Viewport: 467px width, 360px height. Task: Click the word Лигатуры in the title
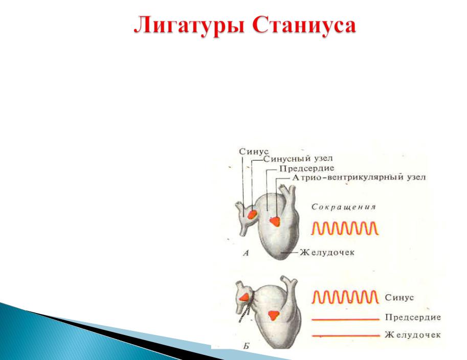coord(189,26)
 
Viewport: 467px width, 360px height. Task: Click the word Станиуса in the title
coord(304,25)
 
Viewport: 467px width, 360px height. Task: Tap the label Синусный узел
coord(298,159)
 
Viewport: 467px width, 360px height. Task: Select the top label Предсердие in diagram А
coord(306,169)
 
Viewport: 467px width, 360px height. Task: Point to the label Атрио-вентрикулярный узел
coord(359,177)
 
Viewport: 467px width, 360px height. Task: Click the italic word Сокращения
coord(344,207)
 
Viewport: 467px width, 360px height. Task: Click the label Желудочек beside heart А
coord(327,253)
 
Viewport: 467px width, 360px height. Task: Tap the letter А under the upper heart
coord(246,254)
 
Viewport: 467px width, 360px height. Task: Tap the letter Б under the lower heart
coord(246,346)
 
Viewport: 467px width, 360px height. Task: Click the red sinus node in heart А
coord(253,214)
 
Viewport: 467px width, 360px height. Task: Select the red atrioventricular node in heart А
coord(275,221)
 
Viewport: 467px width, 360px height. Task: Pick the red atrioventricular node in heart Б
coord(274,315)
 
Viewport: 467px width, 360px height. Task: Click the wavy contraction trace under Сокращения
coord(345,229)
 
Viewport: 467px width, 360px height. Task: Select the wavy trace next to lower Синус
coord(345,297)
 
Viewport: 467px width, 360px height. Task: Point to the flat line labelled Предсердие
coord(345,320)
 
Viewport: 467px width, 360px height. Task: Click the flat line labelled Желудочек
coord(346,335)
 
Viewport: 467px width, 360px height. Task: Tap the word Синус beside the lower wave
coord(399,298)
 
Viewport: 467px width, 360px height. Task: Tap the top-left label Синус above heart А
coord(254,151)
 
